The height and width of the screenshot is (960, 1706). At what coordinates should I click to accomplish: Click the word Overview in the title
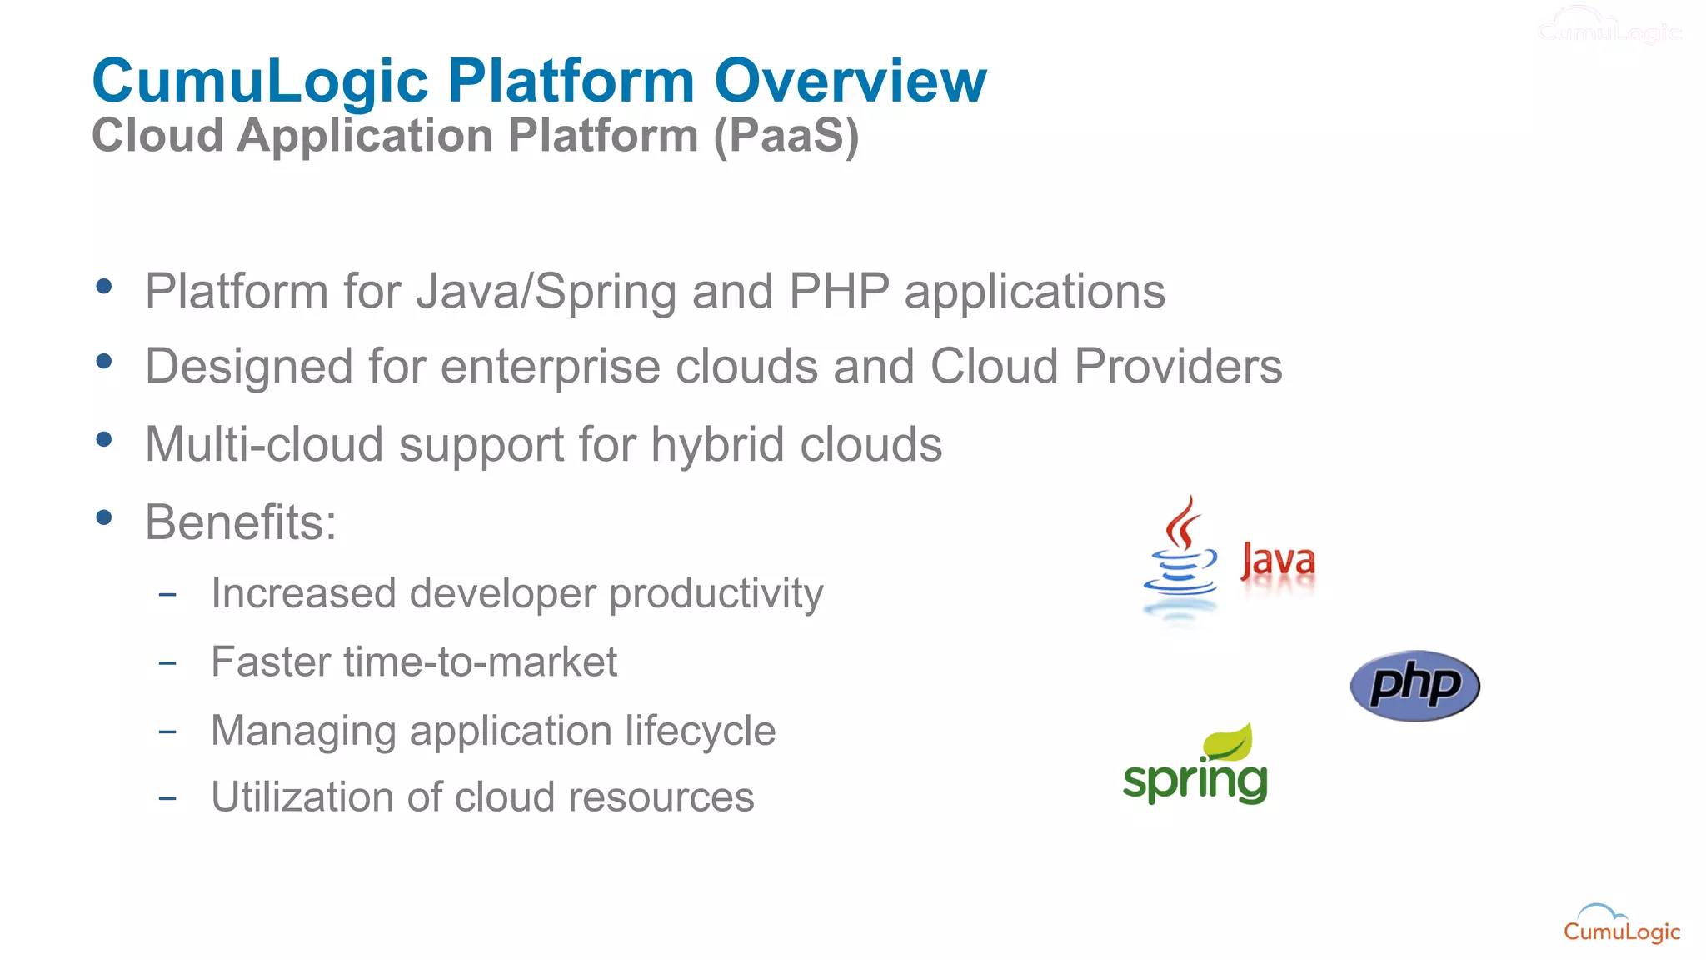tap(850, 81)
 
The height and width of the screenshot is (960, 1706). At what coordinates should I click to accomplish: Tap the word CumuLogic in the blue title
tap(260, 81)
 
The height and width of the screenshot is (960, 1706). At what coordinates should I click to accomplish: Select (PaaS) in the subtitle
tap(786, 136)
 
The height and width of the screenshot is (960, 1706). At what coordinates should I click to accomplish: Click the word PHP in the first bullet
tap(839, 292)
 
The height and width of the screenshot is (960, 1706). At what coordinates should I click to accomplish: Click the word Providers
tap(1178, 367)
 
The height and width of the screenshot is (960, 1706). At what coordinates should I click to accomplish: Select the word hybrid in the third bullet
tap(717, 445)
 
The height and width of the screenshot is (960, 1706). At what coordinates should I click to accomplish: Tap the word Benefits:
tap(241, 522)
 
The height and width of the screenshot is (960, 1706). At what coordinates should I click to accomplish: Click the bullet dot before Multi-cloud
tap(104, 439)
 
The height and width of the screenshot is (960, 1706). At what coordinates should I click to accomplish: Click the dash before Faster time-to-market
tap(167, 663)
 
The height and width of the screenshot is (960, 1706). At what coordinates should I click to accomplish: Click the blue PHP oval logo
tap(1414, 686)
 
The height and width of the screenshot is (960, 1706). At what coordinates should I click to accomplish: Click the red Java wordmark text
tap(1277, 561)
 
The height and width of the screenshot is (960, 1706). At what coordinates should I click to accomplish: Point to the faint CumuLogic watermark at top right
tap(1609, 27)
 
